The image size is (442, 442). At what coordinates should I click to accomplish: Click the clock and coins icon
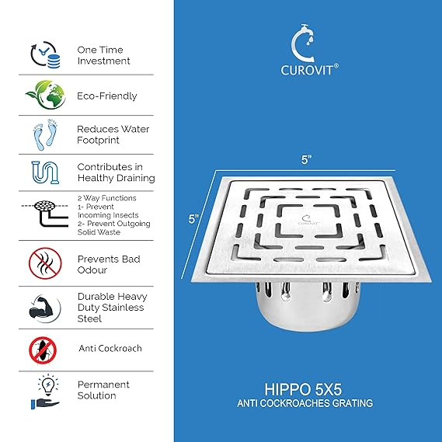[x=45, y=54]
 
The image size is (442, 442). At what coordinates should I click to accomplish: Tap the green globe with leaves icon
[x=46, y=95]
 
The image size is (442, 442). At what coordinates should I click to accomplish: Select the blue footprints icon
[x=45, y=134]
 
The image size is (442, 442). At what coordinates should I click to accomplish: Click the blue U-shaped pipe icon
[x=45, y=172]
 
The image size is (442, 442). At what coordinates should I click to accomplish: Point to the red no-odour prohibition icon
[x=45, y=263]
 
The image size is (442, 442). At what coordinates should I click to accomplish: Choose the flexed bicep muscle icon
[x=44, y=308]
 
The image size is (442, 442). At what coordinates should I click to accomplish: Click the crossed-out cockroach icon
[x=43, y=350]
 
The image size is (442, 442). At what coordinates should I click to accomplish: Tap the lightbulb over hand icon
[x=47, y=392]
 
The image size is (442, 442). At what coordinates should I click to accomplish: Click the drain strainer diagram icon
[x=45, y=213]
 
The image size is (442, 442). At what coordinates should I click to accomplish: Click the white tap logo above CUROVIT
[x=302, y=43]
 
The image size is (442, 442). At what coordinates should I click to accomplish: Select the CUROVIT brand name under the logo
[x=309, y=70]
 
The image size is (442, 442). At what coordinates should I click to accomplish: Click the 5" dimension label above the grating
[x=306, y=159]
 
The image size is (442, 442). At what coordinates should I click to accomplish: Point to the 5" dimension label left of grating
[x=193, y=219]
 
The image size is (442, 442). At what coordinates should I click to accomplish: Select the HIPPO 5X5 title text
[x=303, y=389]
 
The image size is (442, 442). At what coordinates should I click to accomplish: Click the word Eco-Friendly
[x=107, y=96]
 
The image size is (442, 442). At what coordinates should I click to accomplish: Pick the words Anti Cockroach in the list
[x=110, y=349]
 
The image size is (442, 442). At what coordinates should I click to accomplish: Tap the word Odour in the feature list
[x=92, y=270]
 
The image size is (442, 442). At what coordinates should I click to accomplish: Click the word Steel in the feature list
[x=89, y=318]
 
